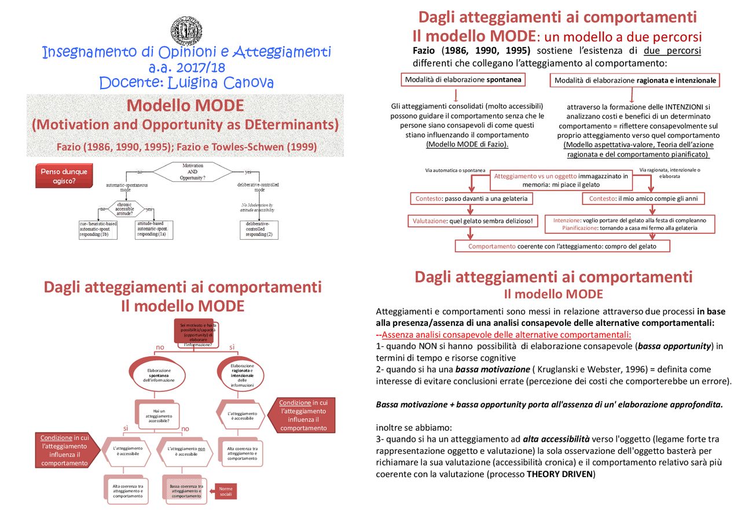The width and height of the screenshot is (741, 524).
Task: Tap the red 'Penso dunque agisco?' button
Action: click(63, 176)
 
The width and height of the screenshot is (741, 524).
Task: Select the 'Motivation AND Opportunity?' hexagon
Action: click(192, 172)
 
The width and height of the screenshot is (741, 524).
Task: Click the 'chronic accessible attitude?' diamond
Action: click(125, 208)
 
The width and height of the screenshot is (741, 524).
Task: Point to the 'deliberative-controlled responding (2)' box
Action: click(259, 229)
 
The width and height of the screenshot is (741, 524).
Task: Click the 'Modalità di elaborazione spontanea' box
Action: click(463, 80)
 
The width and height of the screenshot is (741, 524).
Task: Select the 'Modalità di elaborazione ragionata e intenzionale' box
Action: click(634, 80)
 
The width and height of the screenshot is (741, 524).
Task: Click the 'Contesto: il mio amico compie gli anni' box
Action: click(643, 199)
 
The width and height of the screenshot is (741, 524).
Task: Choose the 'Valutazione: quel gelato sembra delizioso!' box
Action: click(473, 221)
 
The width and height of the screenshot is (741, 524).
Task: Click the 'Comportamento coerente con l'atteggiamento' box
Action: click(562, 246)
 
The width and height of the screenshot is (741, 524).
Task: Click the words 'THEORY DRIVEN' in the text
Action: click(559, 474)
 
